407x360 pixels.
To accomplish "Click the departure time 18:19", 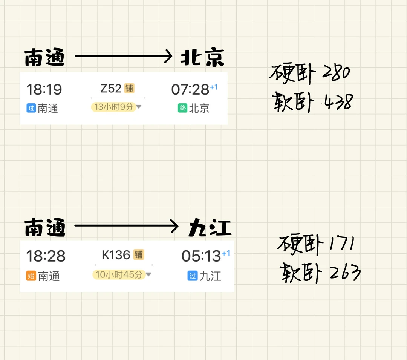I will coord(44,90).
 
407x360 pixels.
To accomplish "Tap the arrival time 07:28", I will coord(190,90).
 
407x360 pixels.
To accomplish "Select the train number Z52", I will coord(111,89).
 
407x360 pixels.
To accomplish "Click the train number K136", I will coord(116,255).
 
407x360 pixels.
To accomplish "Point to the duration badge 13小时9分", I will coord(113,107).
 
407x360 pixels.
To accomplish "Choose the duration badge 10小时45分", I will coord(119,274).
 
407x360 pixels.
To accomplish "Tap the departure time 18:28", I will coord(46,256).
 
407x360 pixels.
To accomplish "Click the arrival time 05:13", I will coord(201,256).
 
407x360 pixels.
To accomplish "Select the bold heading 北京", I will coord(202,58).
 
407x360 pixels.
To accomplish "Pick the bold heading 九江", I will coord(210,228).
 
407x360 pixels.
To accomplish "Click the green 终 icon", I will coord(182,108).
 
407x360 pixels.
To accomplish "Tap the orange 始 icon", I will coord(31,276).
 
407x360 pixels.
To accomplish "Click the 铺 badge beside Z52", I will coord(129,89).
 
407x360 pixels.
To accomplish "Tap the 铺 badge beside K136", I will coord(139,255).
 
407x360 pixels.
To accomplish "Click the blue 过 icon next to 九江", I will coord(193,276).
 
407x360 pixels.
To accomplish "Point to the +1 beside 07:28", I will coord(214,87).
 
